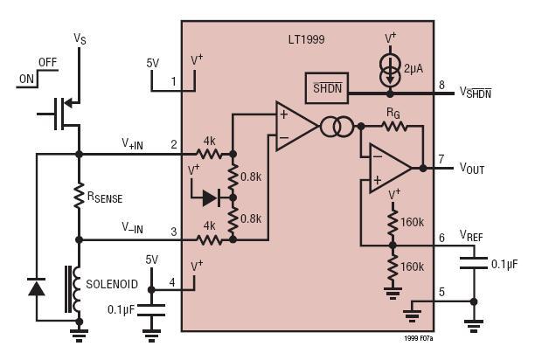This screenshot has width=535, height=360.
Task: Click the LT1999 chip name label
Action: point(306,39)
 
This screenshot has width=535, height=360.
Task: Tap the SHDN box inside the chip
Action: point(327,88)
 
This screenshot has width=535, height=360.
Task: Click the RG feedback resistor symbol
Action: point(394,127)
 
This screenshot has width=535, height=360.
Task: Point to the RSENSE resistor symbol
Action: point(79,195)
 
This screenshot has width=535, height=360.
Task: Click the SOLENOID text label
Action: point(112,284)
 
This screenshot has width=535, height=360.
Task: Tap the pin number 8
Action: point(441,85)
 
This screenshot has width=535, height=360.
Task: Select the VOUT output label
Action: point(472,169)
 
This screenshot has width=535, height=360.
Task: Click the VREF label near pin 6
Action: point(471,235)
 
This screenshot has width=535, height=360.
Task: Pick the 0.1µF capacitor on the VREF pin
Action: point(474,264)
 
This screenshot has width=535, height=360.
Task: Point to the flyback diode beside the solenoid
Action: point(36,287)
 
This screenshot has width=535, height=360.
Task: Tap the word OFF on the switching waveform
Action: point(48,63)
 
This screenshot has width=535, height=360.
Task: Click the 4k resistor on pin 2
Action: point(209,155)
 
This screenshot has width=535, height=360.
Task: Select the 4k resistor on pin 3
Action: point(209,240)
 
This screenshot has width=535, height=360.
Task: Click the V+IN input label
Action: point(132,144)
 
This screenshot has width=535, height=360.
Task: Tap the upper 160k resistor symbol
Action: point(393,223)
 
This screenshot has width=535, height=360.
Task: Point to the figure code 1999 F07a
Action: point(419,338)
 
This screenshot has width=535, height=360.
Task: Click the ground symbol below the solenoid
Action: point(80,336)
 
